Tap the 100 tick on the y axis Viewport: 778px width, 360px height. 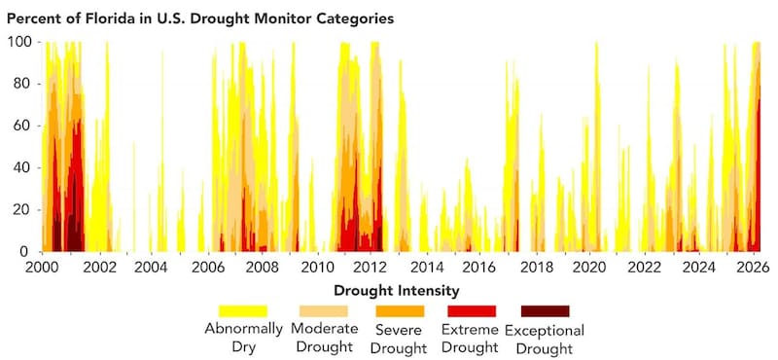(x=19, y=43)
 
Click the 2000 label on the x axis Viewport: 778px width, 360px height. (x=42, y=266)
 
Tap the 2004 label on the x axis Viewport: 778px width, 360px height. (x=150, y=266)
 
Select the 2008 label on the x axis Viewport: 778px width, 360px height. (x=260, y=266)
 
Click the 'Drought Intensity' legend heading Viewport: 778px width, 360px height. (x=397, y=290)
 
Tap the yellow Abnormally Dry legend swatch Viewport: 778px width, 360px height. (x=243, y=311)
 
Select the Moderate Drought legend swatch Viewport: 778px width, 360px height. (x=322, y=311)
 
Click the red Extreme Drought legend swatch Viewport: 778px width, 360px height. (x=472, y=311)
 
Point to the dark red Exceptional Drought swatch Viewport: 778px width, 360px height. (x=547, y=311)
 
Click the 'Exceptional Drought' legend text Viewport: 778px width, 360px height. (x=545, y=339)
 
